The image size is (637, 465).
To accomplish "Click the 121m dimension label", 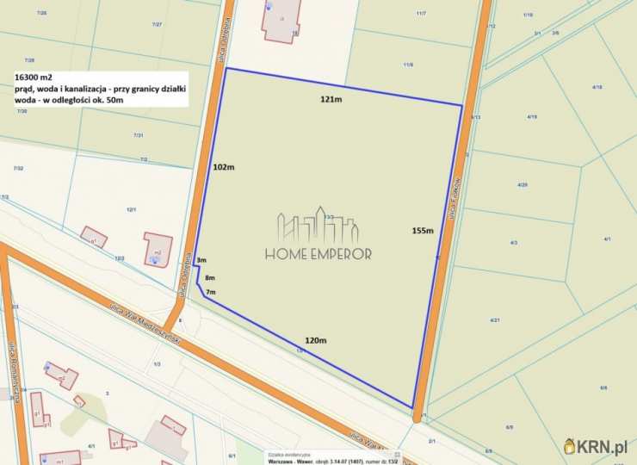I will tap(331, 100).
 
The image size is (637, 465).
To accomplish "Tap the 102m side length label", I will tap(223, 167).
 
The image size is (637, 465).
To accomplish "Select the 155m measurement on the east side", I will tap(422, 230).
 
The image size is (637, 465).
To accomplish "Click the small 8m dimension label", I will tap(210, 277).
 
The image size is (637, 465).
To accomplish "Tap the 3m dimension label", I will tap(201, 260).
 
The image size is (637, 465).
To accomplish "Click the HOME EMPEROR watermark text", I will tap(318, 254).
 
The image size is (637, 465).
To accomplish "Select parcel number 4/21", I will tap(495, 320).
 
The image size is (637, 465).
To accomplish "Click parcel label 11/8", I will tap(408, 65).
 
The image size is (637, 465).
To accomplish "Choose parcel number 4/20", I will tap(523, 185).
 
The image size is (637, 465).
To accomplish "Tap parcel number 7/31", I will tap(138, 135).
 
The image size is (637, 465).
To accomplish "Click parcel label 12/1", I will tap(132, 209).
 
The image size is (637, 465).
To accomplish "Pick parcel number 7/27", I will tap(157, 24).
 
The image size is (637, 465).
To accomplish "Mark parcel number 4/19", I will tap(532, 116).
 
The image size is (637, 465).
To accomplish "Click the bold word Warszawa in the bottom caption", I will tap(284, 462).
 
